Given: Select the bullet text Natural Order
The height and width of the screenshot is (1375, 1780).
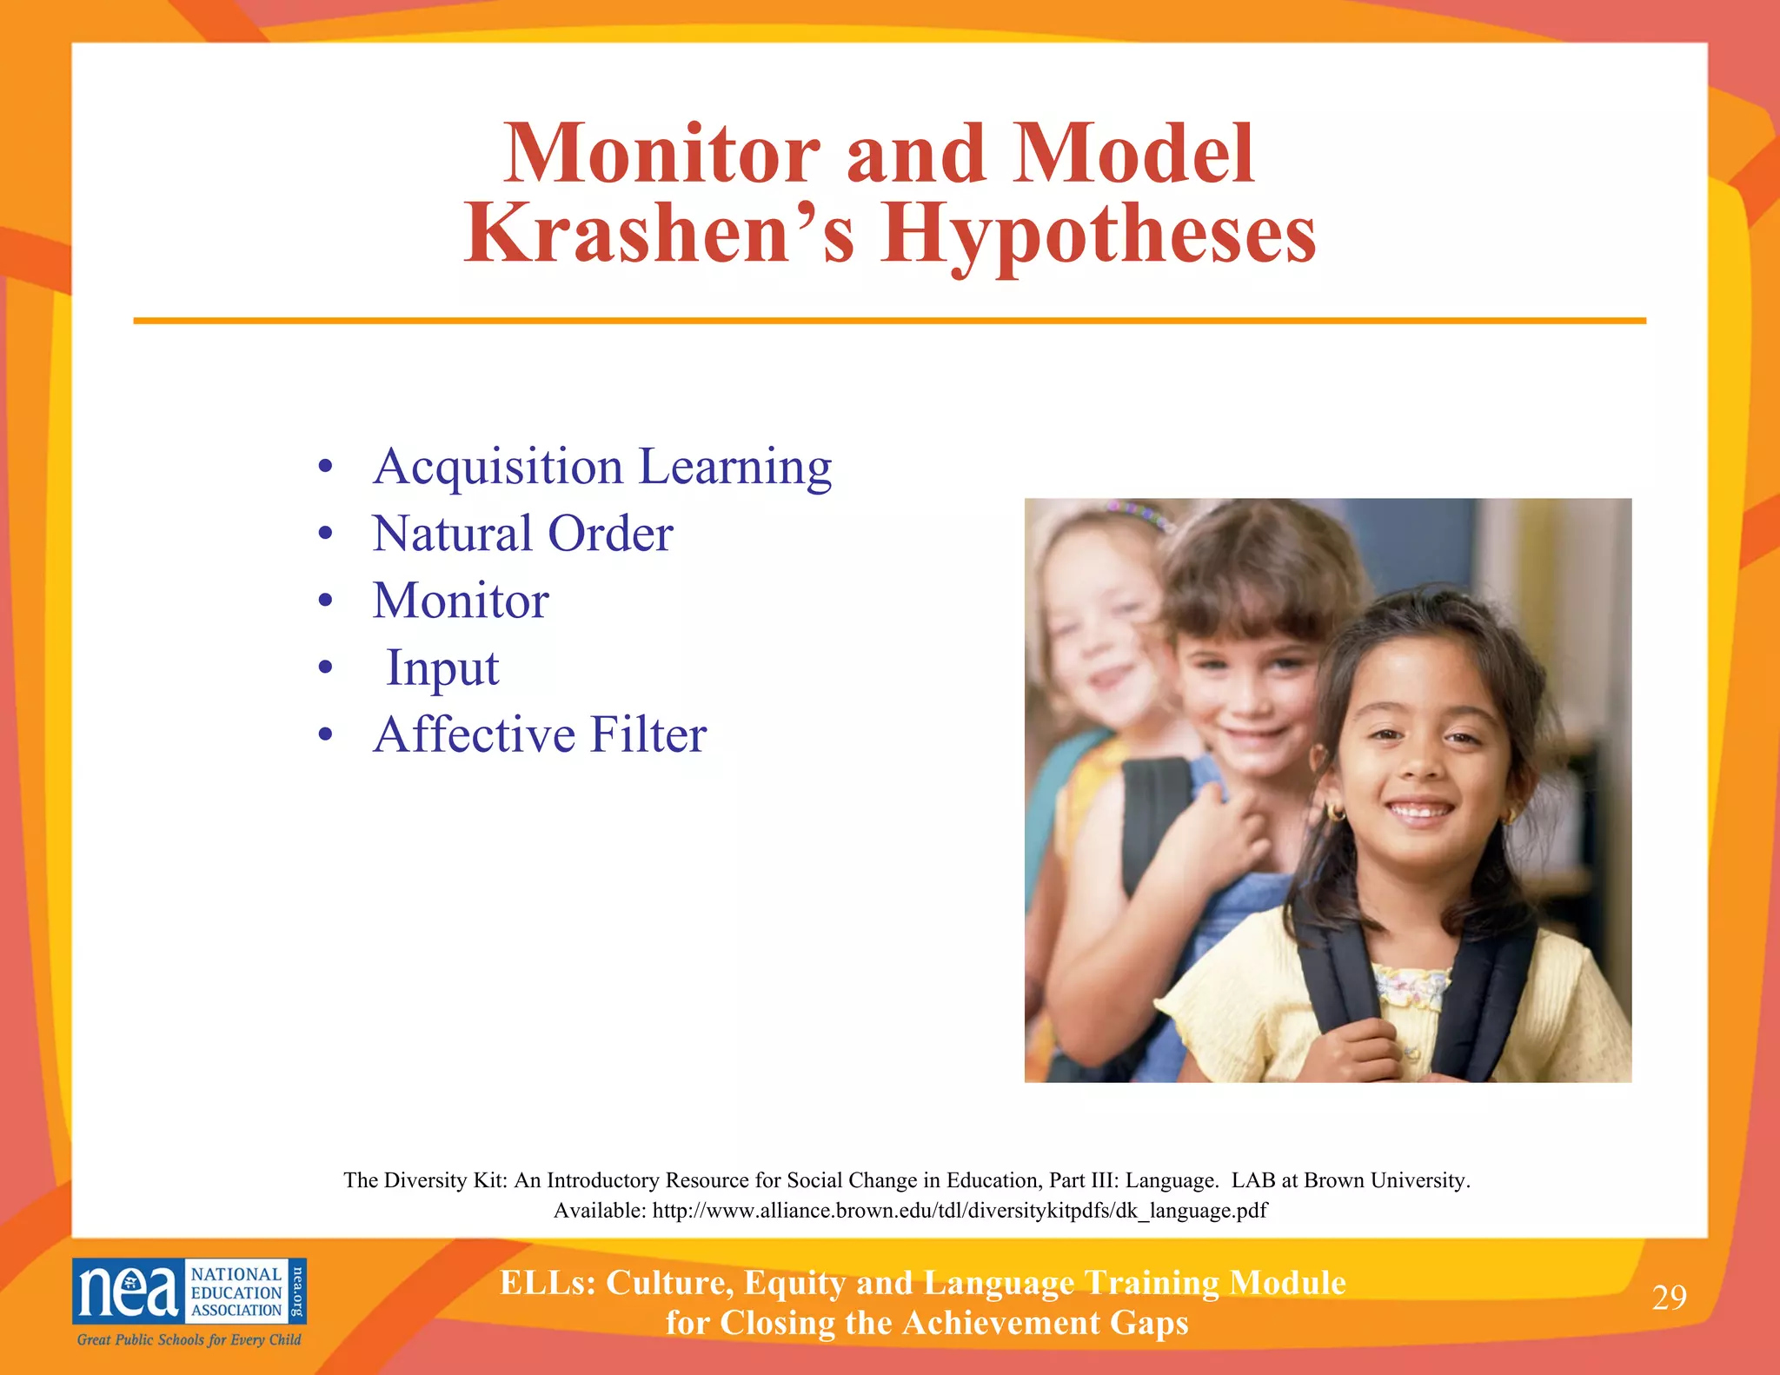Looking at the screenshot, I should click(522, 534).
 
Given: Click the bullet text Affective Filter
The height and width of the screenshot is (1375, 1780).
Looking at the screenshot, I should click(540, 734).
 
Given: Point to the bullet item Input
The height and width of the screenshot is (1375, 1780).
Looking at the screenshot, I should click(442, 668).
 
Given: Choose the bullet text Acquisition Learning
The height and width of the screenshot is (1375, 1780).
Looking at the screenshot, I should click(602, 467).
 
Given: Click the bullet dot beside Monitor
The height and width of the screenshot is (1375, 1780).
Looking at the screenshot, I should click(325, 601).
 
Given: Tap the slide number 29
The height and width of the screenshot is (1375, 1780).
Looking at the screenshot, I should click(1669, 1297).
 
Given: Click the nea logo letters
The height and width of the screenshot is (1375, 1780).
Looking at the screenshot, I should click(129, 1292).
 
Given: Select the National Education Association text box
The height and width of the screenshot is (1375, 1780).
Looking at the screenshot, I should click(236, 1292).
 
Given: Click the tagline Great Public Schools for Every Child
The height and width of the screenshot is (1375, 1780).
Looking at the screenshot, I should click(189, 1339).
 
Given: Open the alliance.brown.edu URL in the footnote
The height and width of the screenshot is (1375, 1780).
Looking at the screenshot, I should click(960, 1211).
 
